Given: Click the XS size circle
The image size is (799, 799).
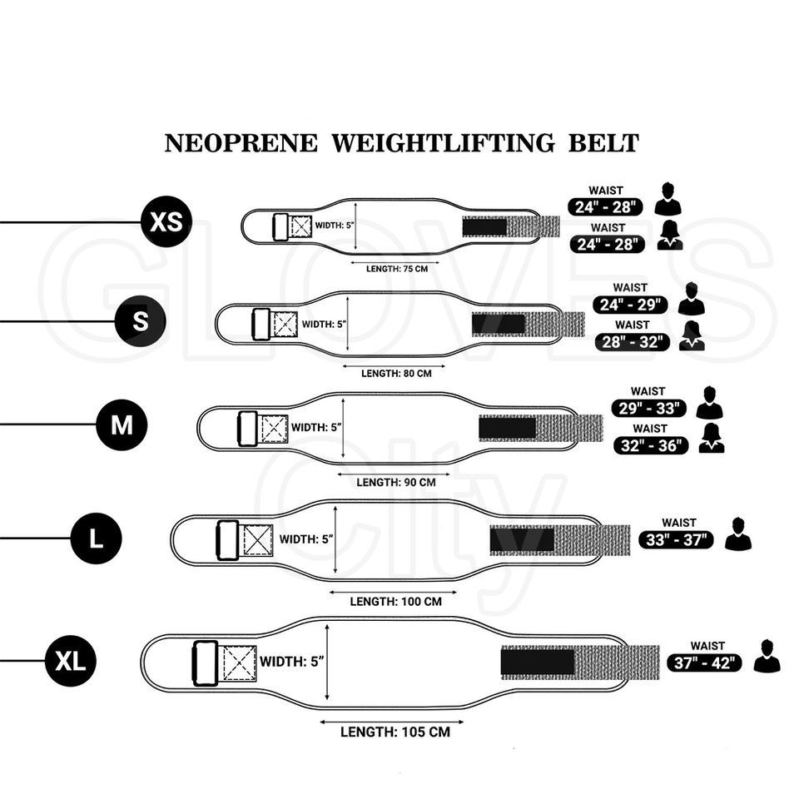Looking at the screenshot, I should [166, 222].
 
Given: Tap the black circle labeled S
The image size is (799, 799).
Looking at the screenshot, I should [141, 320].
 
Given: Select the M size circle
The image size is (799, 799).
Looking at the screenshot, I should [122, 424].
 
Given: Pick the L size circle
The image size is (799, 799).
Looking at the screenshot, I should [97, 538].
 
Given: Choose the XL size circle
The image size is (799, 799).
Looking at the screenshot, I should [71, 662].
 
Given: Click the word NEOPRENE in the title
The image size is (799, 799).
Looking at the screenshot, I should [241, 143].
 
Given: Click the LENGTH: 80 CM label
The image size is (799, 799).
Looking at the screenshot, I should [396, 373].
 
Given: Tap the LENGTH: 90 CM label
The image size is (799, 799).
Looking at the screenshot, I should [396, 482].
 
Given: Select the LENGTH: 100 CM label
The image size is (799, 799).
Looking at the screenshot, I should [395, 601].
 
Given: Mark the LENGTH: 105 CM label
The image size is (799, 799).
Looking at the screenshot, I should [395, 732].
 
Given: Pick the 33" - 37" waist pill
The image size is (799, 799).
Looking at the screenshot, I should [677, 539].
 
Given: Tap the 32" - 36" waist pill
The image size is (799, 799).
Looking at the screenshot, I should [652, 445].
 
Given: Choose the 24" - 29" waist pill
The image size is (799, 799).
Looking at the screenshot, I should [633, 305].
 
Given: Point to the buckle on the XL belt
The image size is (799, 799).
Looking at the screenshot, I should [205, 663].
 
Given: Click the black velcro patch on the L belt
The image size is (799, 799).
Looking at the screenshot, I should [522, 539].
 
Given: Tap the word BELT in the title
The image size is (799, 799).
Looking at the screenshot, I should [603, 143].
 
